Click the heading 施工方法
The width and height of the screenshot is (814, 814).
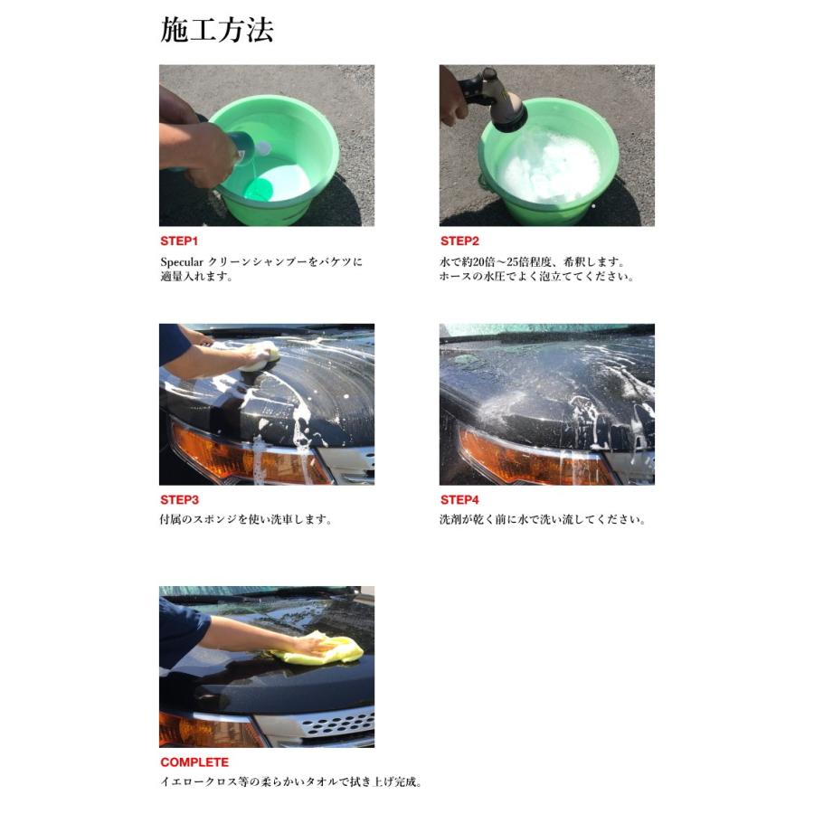pos(217,31)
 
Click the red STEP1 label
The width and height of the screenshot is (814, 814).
pos(179,241)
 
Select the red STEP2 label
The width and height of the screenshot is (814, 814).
pos(459,241)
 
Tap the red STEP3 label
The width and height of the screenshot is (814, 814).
pos(179,500)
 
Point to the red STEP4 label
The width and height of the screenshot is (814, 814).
pos(459,500)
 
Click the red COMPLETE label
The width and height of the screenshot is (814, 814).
pos(194,762)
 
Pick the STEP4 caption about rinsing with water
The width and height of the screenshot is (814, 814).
pos(543,521)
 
